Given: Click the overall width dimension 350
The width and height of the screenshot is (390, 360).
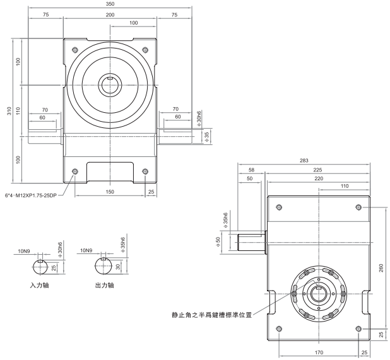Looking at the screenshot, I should click(x=110, y=3).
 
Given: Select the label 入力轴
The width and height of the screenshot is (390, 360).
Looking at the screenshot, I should click(x=41, y=284).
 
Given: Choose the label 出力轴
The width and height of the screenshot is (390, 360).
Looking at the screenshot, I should click(x=101, y=284).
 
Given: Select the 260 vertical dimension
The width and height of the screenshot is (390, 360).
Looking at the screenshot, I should click(x=382, y=267).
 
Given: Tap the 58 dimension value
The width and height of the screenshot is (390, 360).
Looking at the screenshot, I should click(x=252, y=170).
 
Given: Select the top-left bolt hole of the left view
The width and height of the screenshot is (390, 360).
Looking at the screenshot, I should click(x=75, y=50).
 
